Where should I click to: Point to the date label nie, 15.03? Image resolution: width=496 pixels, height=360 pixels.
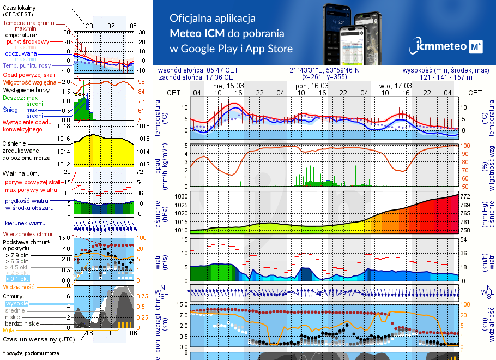(x=228, y=86)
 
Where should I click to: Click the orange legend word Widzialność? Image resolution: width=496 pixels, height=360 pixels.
(x=19, y=286)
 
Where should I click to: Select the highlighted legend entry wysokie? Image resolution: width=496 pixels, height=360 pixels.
(x=16, y=303)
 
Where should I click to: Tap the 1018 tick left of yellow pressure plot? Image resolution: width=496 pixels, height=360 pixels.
(x=64, y=126)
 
